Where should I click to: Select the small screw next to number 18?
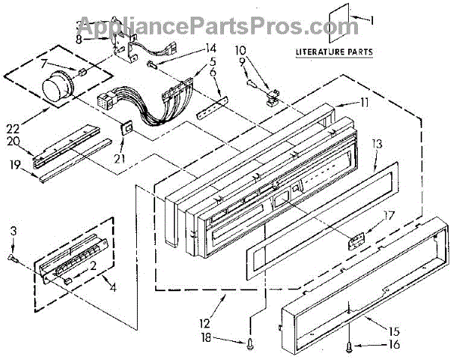pos(250,344)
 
